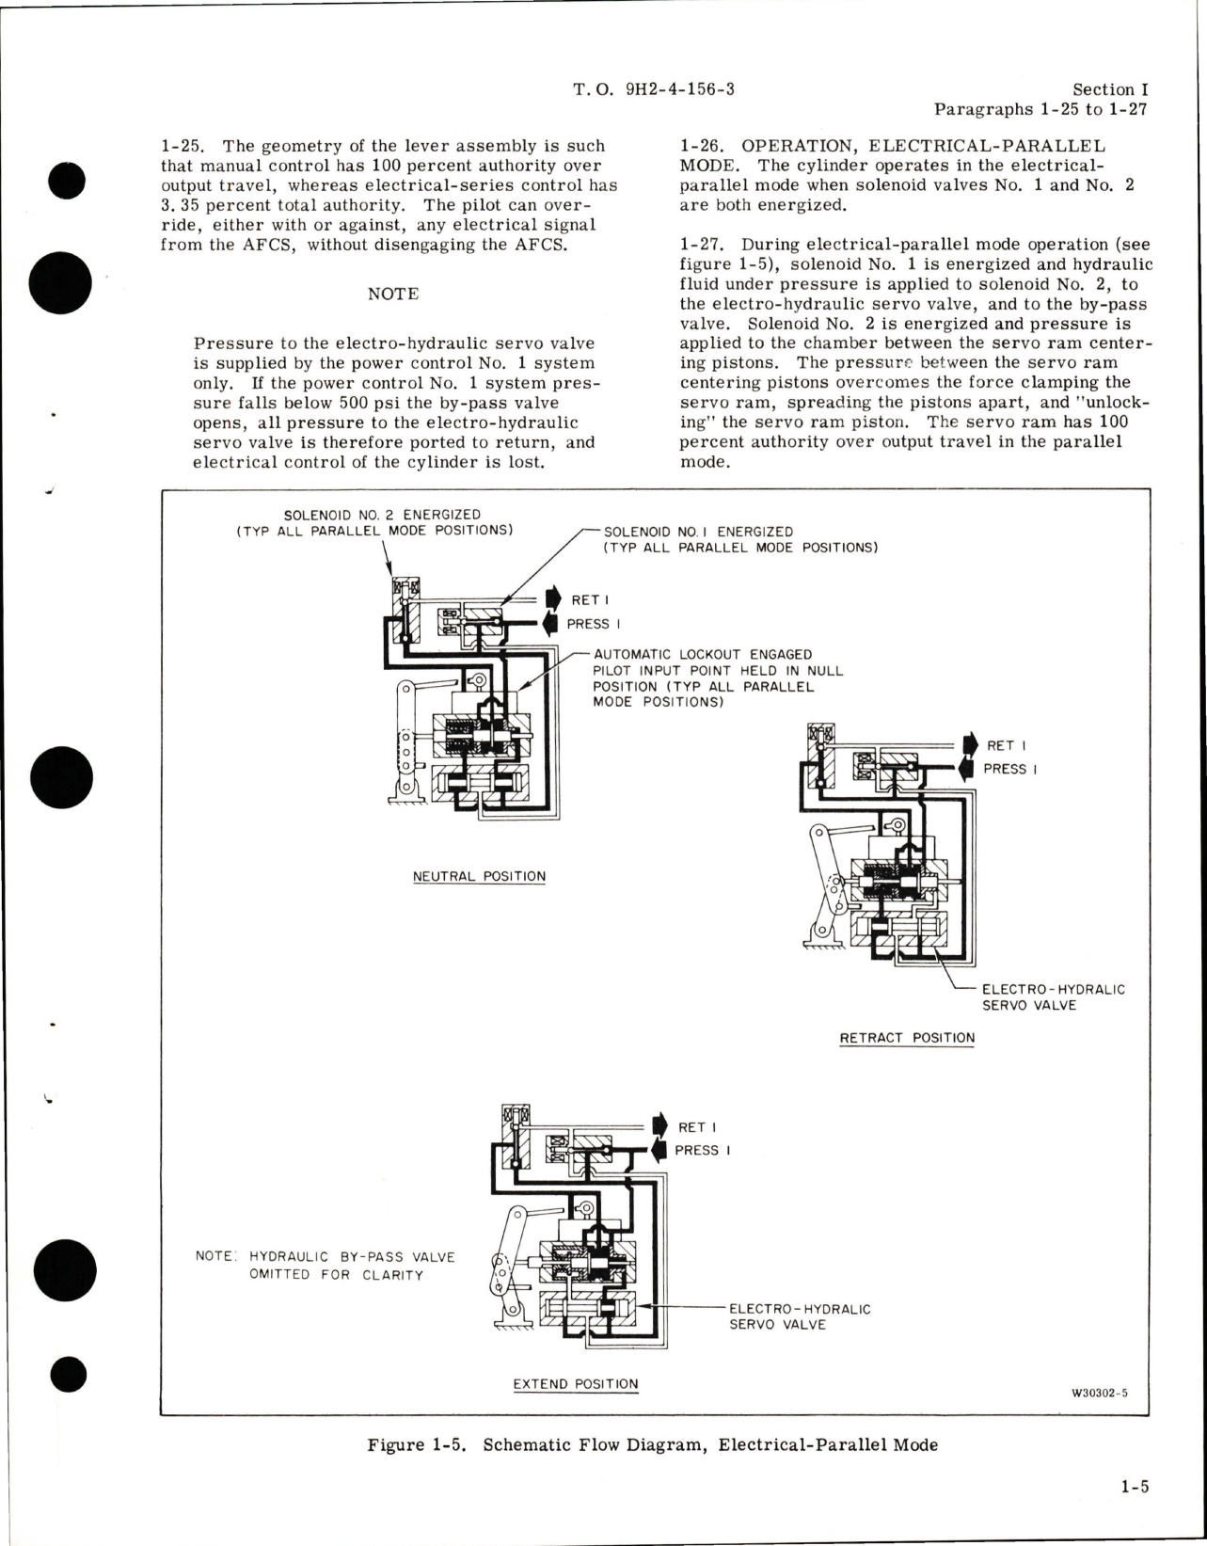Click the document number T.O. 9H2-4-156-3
coord(653,89)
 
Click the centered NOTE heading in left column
coord(392,294)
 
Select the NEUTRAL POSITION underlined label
coord(479,876)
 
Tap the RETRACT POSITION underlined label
coord(907,1038)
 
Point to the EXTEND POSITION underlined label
coord(576,1384)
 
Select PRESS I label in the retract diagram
coord(1010,769)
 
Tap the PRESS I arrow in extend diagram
coord(659,1150)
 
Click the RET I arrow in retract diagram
coord(965,744)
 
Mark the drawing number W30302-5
coord(1098,1395)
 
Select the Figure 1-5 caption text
coord(652,1444)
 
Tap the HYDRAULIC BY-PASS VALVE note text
coord(325,1266)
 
